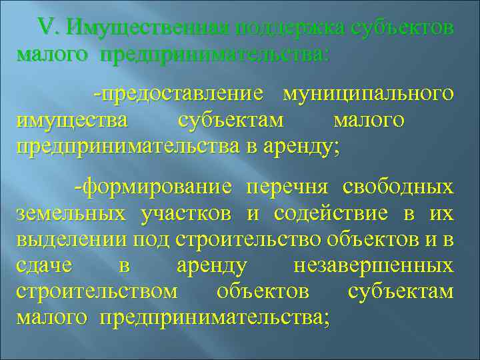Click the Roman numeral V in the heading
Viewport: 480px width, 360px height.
[49, 27]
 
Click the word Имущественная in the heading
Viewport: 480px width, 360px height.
[148, 28]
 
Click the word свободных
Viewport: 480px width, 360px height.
[398, 187]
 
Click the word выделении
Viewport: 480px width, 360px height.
[73, 239]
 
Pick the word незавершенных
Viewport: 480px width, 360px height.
[373, 266]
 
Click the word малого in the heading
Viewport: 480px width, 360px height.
[51, 54]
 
